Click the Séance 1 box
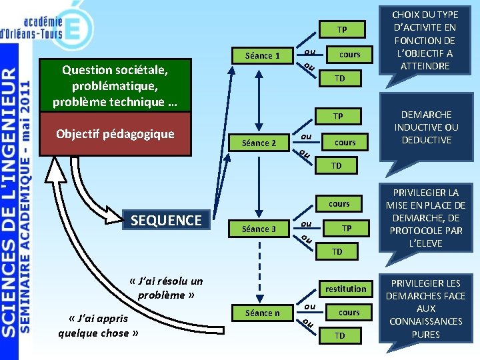(262, 55)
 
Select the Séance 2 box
(259, 143)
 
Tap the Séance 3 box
(259, 229)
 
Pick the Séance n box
(262, 312)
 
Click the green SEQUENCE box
(167, 220)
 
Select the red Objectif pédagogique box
(115, 133)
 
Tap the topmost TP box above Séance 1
(341, 30)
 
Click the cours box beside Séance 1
(349, 55)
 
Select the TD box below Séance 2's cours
(337, 165)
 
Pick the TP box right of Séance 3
(347, 228)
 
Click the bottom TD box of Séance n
(340, 335)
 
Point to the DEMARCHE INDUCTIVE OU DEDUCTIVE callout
(426, 127)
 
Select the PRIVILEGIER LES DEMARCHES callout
(425, 308)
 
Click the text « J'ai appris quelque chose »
(93, 325)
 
